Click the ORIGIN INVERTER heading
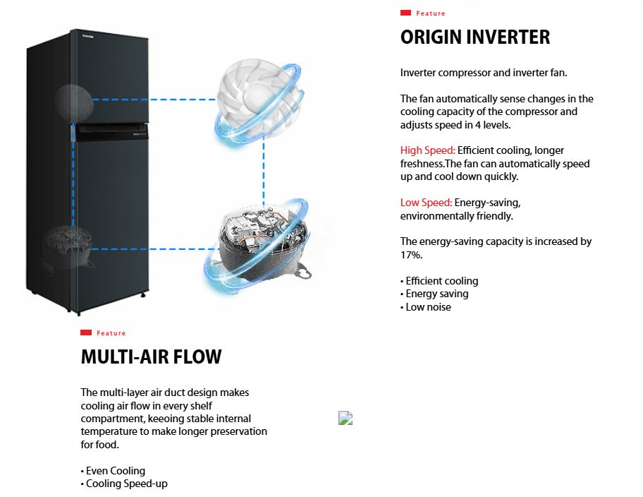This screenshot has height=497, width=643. [x=474, y=37]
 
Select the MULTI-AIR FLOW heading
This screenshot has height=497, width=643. [x=151, y=357]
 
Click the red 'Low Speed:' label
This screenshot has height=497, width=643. [x=427, y=203]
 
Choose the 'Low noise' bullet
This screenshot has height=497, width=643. [x=428, y=307]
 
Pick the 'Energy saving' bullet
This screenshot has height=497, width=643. [x=436, y=294]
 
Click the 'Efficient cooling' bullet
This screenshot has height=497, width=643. [x=441, y=281]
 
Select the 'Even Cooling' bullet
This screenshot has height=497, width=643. [x=115, y=471]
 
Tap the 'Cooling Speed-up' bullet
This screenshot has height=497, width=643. [x=126, y=484]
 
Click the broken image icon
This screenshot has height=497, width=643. [x=345, y=418]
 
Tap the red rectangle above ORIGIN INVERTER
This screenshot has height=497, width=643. [x=405, y=13]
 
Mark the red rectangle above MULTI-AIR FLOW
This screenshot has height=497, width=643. [x=86, y=333]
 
